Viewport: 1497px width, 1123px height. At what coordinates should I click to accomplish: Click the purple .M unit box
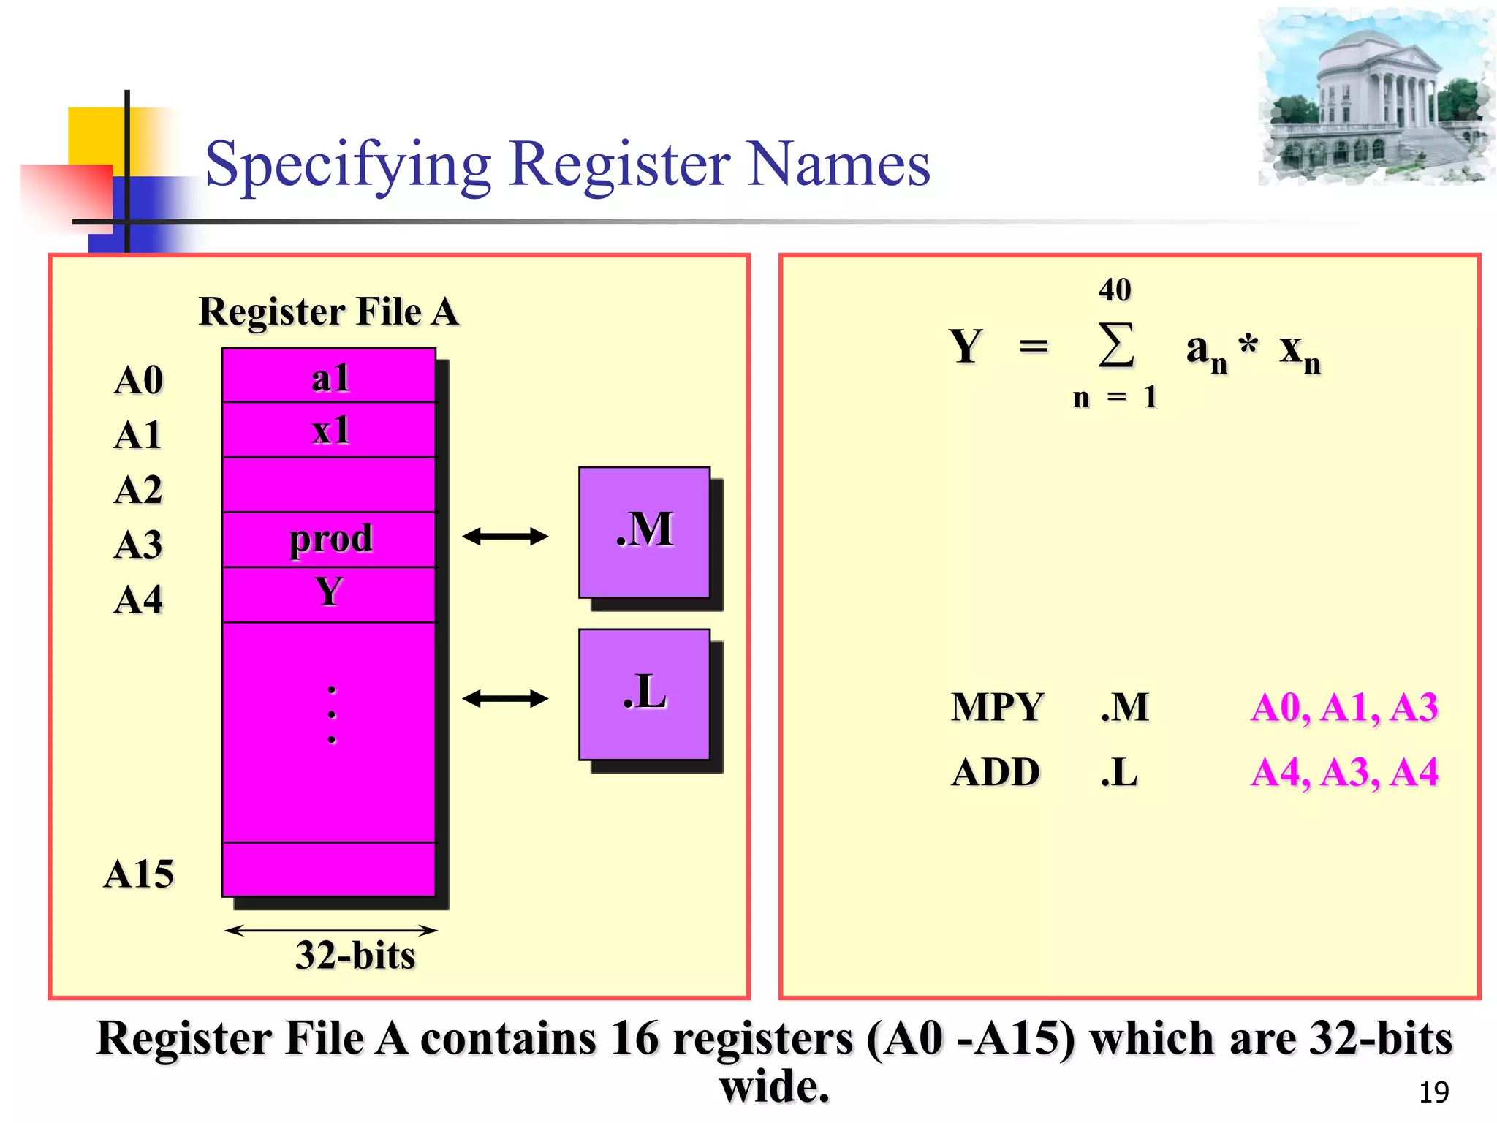point(644,532)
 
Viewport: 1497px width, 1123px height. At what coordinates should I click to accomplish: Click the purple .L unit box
point(644,694)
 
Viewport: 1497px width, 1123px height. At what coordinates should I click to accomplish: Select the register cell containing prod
point(329,540)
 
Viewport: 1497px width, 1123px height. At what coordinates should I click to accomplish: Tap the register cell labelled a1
point(329,377)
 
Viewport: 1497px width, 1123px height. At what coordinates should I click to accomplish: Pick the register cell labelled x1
point(329,430)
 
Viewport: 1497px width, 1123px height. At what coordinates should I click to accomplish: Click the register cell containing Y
point(329,594)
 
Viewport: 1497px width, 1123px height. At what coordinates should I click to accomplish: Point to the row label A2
point(138,490)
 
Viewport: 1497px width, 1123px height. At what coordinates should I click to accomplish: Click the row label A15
point(139,874)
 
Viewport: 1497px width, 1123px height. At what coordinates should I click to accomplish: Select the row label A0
point(138,380)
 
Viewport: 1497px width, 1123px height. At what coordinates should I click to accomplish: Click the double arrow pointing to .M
point(505,537)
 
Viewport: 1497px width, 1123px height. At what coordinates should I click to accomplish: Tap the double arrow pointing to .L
point(505,699)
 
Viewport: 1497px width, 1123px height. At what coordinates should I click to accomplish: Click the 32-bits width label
point(355,955)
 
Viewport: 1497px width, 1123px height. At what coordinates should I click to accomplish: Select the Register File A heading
point(329,311)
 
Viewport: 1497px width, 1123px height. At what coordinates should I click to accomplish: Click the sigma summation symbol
point(1116,345)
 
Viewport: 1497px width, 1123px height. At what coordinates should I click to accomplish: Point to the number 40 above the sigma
point(1115,290)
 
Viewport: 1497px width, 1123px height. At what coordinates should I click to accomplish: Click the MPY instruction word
point(997,707)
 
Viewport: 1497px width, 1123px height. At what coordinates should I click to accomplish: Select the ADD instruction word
point(996,772)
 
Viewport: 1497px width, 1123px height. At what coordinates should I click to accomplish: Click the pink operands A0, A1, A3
point(1343,707)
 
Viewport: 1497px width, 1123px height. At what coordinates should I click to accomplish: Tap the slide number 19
point(1433,1092)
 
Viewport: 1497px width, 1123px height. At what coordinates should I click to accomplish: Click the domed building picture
point(1376,97)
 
